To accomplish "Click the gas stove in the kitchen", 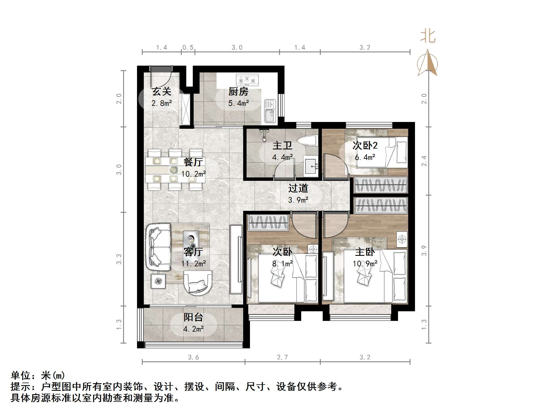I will (247, 80).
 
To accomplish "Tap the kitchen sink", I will (270, 111).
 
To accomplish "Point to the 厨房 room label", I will (238, 92).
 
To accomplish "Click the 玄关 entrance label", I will (162, 92).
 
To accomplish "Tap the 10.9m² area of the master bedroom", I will (365, 264).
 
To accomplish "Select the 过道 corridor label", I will (298, 188).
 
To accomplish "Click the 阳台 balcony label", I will (193, 317).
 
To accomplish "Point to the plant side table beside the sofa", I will (158, 281).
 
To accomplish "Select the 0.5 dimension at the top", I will (188, 48).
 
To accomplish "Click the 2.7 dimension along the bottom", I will (282, 357).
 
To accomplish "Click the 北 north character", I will (428, 37).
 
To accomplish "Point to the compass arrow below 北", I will (428, 63).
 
